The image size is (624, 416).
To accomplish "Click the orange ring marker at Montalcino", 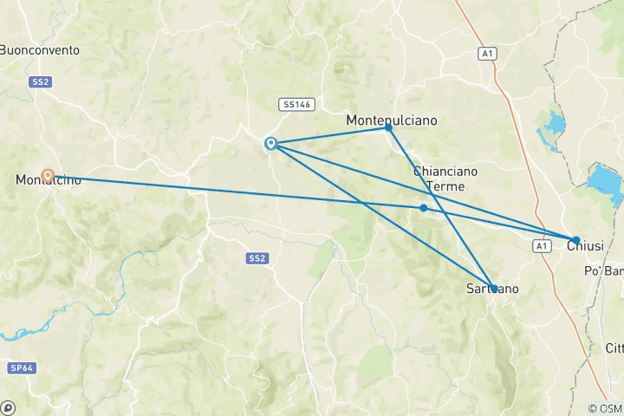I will point(49,176).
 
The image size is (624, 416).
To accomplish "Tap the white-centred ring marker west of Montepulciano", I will point(270,143).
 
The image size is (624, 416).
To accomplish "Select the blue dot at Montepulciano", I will point(388,127).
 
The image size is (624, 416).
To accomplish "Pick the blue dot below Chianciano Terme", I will point(423,208).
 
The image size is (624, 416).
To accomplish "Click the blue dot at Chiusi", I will point(575,240).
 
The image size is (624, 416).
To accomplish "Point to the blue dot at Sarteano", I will point(493,289).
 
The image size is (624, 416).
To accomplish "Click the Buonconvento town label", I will point(40,50).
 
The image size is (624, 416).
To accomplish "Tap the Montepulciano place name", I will point(391,120).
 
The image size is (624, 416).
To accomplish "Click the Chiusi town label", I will point(585,247).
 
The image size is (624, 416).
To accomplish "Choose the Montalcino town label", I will point(49,180).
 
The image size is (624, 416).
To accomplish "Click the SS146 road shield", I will point(296,104).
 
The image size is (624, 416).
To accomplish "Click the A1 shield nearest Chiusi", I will point(542,247).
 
